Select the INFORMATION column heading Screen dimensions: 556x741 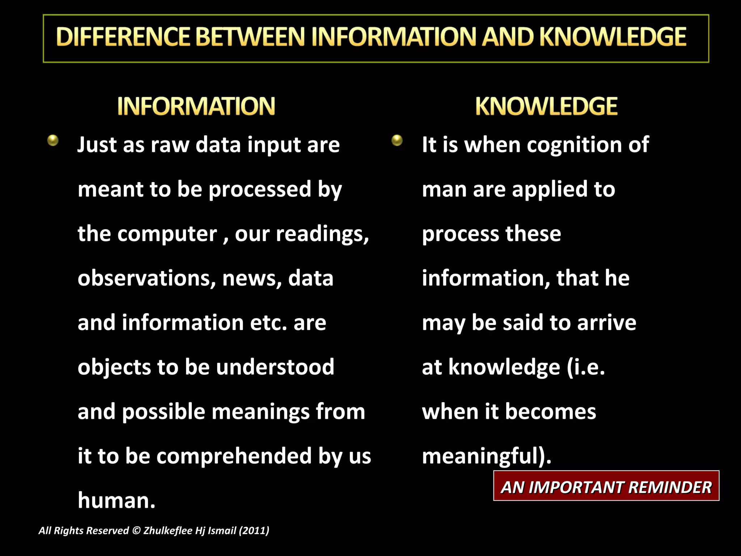click(x=196, y=106)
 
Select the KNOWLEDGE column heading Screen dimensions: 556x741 click(x=546, y=106)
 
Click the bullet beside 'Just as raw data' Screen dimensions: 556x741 click(x=53, y=140)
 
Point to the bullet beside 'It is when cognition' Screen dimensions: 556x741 click(x=397, y=140)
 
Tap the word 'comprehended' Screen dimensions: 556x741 click(x=234, y=456)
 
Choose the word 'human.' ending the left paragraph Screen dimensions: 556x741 click(x=117, y=501)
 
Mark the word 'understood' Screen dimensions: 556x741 click(x=275, y=367)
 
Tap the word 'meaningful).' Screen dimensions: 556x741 click(x=487, y=456)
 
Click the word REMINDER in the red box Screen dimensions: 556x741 click(x=670, y=487)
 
